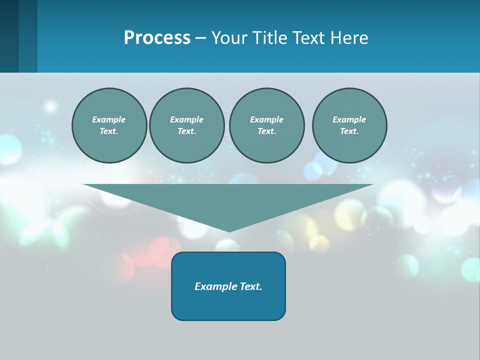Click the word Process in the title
click(x=157, y=38)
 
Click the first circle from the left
click(x=109, y=125)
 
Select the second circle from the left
click(x=186, y=125)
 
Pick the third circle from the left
click(x=266, y=125)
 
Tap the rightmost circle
click(x=349, y=125)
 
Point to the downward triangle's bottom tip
click(x=229, y=230)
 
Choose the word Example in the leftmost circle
click(x=109, y=119)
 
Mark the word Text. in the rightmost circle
click(x=349, y=131)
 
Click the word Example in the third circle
click(x=266, y=119)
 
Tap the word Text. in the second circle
click(x=186, y=131)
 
